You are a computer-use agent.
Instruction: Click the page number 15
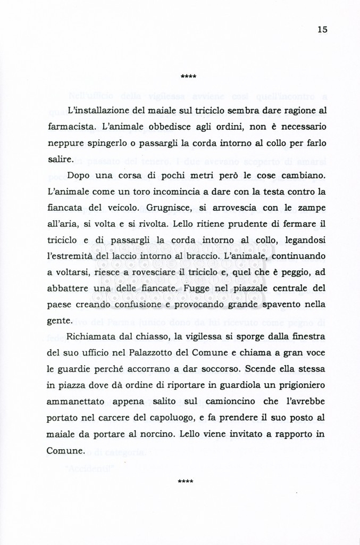[x=322, y=30]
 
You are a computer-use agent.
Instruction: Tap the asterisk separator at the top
[x=188, y=77]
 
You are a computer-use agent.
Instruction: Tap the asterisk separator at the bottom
[x=186, y=482]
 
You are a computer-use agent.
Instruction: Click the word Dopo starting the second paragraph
[x=79, y=176]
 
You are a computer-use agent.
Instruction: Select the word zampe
[x=312, y=209]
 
